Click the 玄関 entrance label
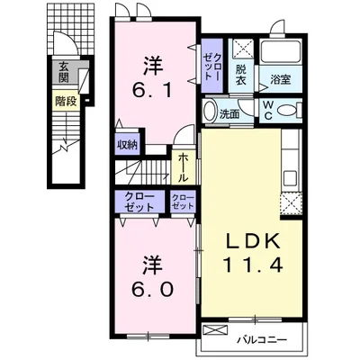64,72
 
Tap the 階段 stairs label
66,102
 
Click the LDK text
253,241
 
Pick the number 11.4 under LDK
253,265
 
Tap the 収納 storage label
127,145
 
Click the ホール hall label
183,167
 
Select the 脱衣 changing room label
240,75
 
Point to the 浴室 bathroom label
281,79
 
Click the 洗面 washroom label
229,114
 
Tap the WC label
268,111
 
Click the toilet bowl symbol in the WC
290,110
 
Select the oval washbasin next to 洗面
209,111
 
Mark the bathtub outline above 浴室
281,52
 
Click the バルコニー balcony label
263,340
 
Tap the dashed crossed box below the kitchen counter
291,204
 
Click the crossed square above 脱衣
243,48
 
